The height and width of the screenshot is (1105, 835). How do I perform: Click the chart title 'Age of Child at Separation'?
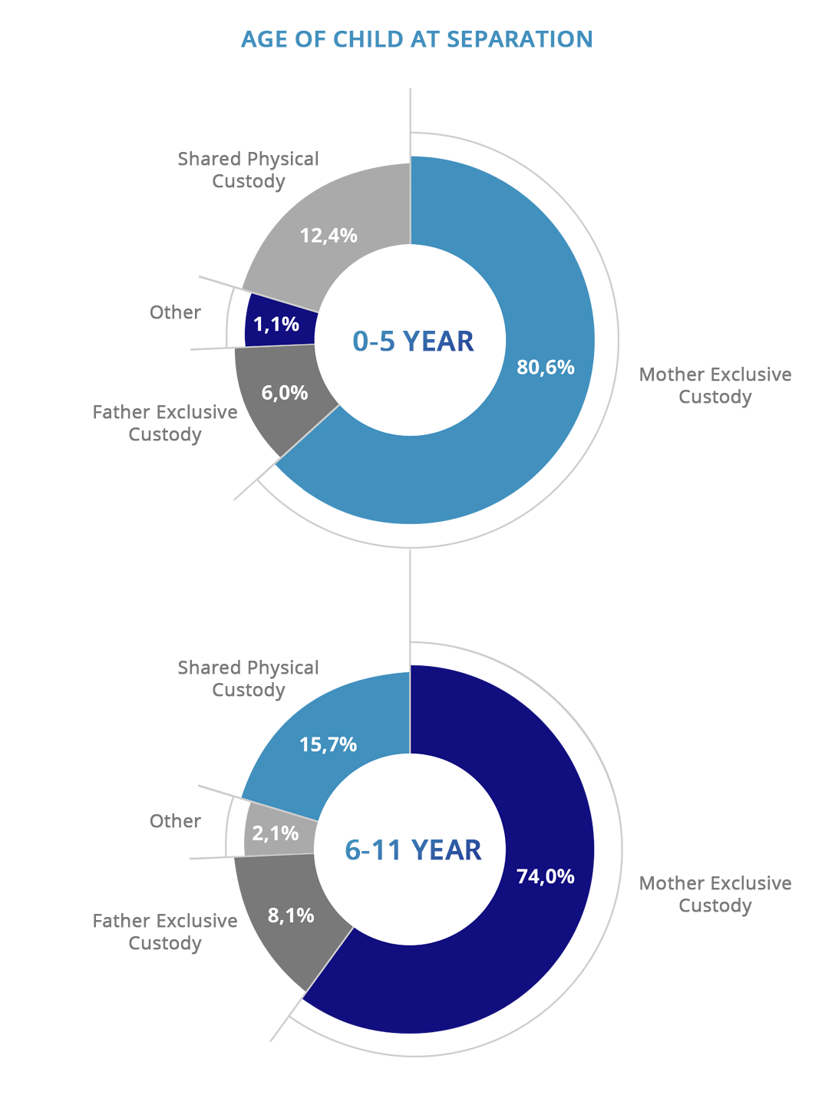pyautogui.click(x=417, y=39)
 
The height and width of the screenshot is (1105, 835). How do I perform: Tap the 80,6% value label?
pyautogui.click(x=546, y=368)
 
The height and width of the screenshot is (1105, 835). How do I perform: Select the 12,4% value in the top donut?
pyautogui.click(x=328, y=236)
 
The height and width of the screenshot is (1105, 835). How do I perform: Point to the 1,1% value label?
pyautogui.click(x=276, y=325)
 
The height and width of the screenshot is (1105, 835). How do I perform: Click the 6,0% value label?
pyautogui.click(x=285, y=394)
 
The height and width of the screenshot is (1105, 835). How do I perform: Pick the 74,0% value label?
pyautogui.click(x=546, y=877)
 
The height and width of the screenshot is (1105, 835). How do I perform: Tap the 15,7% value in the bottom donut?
pyautogui.click(x=328, y=744)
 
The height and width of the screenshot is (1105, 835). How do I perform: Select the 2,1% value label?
pyautogui.click(x=276, y=833)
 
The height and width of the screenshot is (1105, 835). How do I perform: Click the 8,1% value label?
pyautogui.click(x=291, y=915)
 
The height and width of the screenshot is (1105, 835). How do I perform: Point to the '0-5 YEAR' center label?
pyautogui.click(x=413, y=341)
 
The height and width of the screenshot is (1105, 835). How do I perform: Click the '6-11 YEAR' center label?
pyautogui.click(x=413, y=850)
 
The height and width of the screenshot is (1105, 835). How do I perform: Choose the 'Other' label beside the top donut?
pyautogui.click(x=175, y=313)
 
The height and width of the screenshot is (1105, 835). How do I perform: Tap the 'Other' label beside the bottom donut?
pyautogui.click(x=175, y=822)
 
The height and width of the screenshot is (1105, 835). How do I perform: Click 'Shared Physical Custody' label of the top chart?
pyautogui.click(x=248, y=170)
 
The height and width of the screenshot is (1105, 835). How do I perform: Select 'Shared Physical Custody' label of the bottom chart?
pyautogui.click(x=248, y=679)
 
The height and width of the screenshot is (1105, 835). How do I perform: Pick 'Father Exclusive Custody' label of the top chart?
pyautogui.click(x=165, y=424)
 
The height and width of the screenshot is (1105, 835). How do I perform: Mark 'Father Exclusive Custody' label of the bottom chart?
pyautogui.click(x=165, y=932)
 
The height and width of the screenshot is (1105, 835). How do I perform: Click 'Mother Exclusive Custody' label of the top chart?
pyautogui.click(x=715, y=386)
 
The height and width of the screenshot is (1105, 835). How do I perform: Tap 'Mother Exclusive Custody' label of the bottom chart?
pyautogui.click(x=715, y=895)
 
